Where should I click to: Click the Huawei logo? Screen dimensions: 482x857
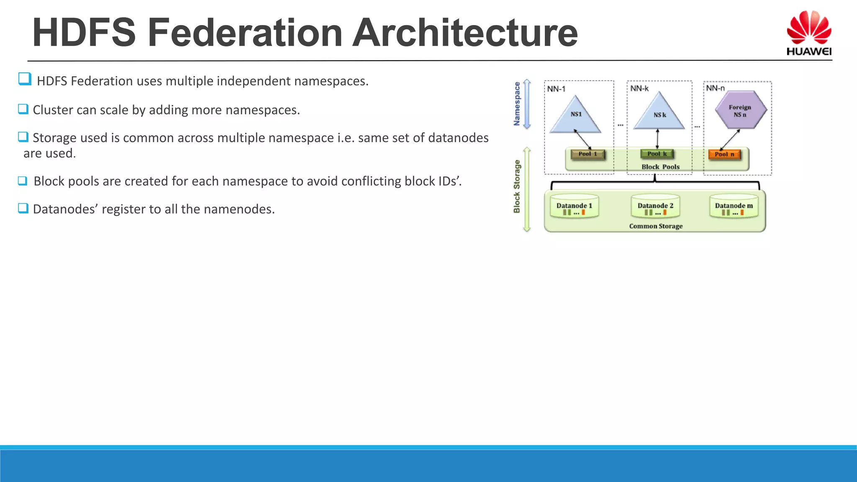tap(808, 33)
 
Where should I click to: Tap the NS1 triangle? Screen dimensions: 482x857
tap(576, 117)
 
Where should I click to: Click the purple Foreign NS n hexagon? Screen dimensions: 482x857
tap(740, 110)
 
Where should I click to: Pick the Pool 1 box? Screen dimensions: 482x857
tap(588, 154)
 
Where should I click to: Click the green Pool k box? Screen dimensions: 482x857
tap(657, 154)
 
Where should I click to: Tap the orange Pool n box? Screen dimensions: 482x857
tap(724, 154)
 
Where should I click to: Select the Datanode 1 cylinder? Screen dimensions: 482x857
tap(574, 206)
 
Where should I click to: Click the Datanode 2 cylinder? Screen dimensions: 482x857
tap(655, 206)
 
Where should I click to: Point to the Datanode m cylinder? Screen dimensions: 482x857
tap(734, 206)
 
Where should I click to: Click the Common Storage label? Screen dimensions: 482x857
tap(656, 226)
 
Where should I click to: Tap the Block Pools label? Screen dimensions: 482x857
tap(660, 167)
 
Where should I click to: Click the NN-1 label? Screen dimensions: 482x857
tap(556, 89)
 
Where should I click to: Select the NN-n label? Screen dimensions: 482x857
tap(715, 88)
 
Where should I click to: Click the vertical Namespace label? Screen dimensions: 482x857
tap(517, 104)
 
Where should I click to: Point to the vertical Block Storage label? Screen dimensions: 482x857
tap(517, 187)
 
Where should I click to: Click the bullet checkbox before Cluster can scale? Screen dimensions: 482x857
tap(23, 109)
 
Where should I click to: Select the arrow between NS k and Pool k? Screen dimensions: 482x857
tap(657, 139)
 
